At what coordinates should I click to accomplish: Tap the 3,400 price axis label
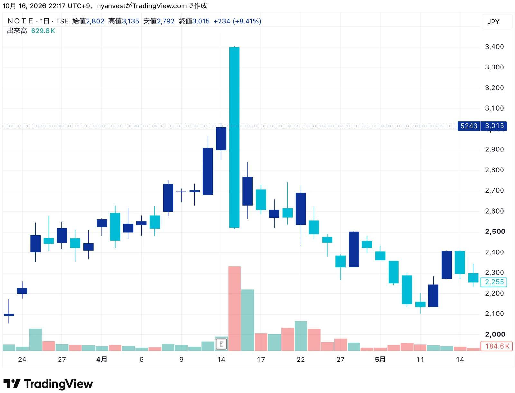(494, 47)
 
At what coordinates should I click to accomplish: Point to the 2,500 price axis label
(495, 231)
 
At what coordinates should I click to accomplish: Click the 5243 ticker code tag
(468, 126)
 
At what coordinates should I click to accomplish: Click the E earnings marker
(221, 344)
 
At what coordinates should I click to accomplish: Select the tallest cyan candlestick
(234, 137)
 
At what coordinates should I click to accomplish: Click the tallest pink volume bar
(234, 308)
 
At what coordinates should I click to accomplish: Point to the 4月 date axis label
(101, 359)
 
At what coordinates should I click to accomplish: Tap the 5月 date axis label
(380, 359)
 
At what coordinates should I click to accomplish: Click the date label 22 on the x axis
(301, 359)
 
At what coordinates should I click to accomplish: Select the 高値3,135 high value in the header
(124, 21)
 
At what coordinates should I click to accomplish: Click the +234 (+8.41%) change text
(237, 21)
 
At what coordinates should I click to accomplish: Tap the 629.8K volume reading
(43, 31)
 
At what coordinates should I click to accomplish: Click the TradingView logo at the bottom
(48, 384)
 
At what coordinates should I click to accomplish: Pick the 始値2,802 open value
(88, 21)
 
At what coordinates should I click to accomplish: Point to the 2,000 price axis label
(495, 334)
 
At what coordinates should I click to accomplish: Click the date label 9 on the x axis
(181, 359)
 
